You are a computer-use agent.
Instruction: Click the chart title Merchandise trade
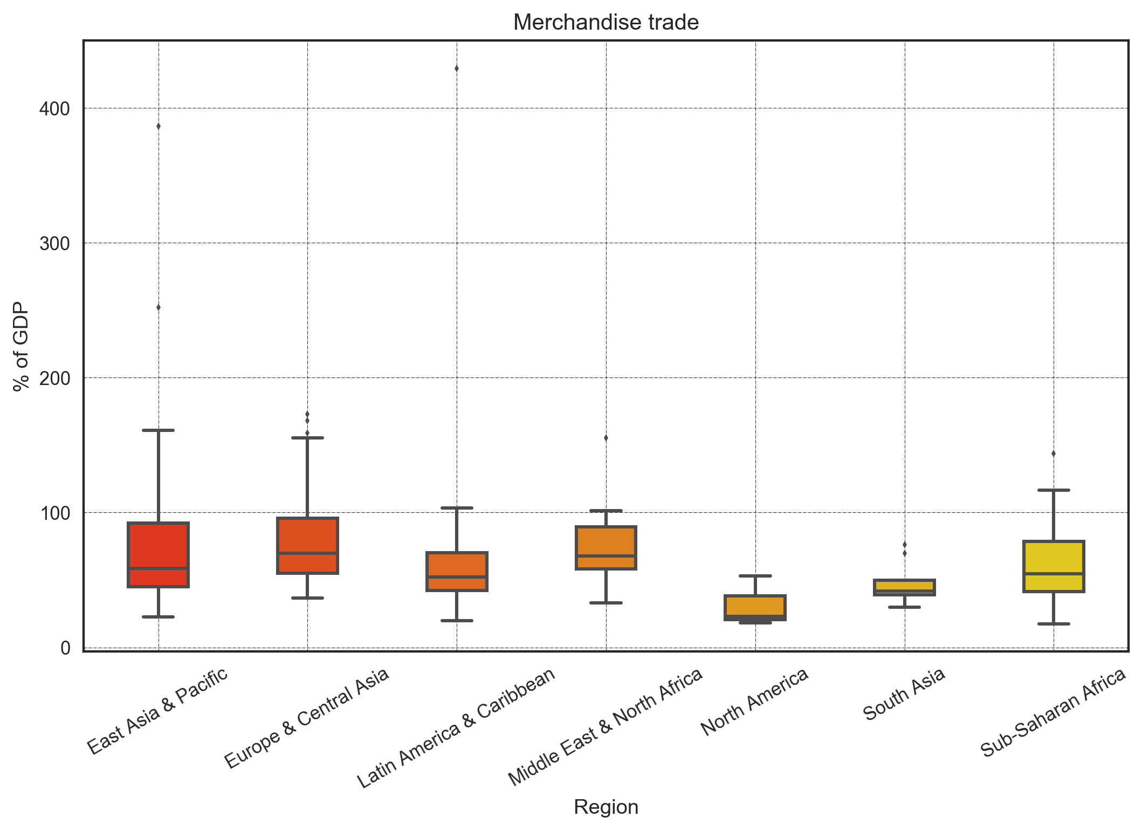coord(606,23)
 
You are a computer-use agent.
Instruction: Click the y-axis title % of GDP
coord(21,346)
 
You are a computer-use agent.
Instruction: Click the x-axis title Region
coord(606,807)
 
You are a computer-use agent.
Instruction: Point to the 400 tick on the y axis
coord(54,109)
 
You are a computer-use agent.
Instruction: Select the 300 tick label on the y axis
coord(54,244)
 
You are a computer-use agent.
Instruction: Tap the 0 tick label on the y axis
coord(65,648)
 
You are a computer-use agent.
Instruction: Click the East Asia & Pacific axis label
coord(158,711)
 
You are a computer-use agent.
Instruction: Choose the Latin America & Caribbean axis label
coord(456,728)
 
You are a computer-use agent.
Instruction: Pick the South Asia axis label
coord(904,694)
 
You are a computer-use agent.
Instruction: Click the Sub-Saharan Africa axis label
coord(1053,712)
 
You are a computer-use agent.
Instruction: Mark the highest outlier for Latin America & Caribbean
coord(457,68)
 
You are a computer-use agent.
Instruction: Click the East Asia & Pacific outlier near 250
coord(159,307)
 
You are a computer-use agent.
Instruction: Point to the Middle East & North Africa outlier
coord(606,438)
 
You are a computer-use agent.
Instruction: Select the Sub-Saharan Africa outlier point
coord(1054,454)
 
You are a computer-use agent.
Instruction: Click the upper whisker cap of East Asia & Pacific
coord(158,430)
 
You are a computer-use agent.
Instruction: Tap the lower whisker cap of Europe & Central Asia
coord(307,598)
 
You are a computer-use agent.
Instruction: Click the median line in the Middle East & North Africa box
coord(606,555)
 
